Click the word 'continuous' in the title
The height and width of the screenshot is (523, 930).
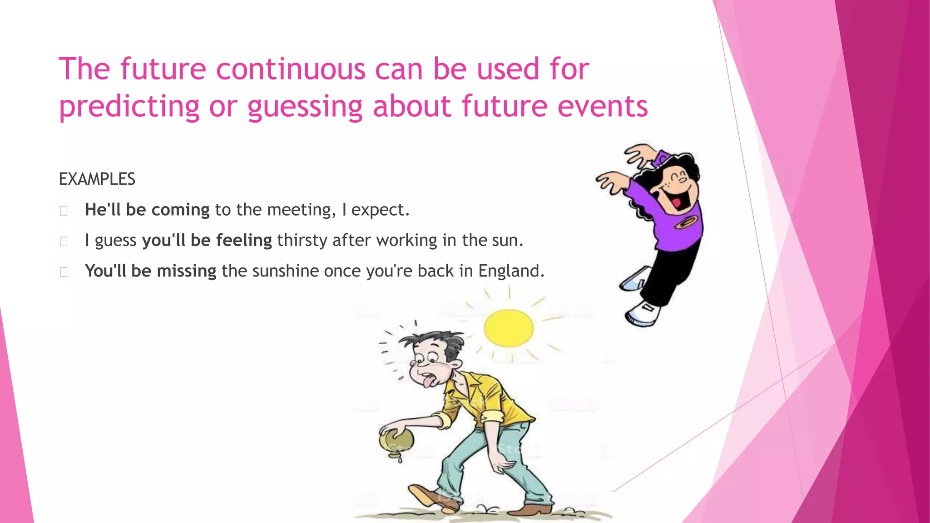[291, 69]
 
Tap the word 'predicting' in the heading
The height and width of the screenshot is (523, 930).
[129, 107]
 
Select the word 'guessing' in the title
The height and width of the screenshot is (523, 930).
[305, 107]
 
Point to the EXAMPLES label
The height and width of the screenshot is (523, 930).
[97, 179]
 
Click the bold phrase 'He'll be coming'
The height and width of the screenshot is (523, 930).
[147, 210]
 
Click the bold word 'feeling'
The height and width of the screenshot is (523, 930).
[244, 241]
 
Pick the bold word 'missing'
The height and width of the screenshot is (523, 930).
[186, 271]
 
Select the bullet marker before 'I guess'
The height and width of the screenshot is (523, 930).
[64, 241]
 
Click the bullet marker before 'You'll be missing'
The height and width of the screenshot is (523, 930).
[64, 272]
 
